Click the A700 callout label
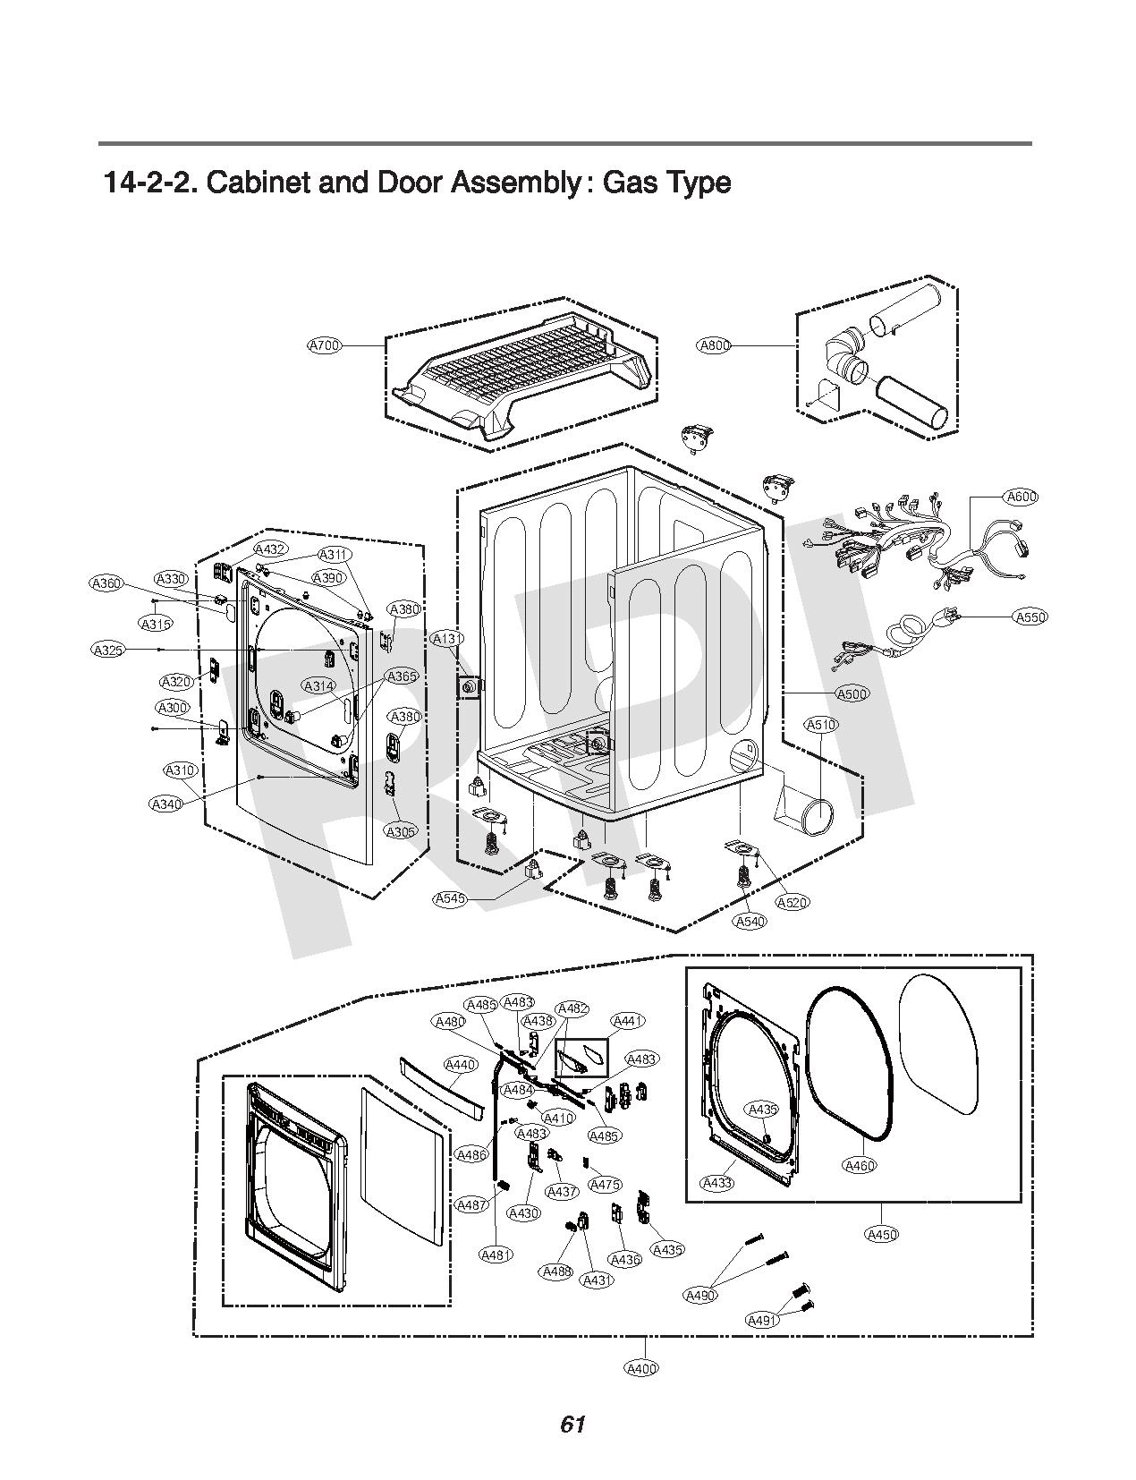coord(325,344)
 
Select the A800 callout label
coord(714,345)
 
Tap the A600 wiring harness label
coord(1022,497)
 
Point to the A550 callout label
coord(1030,617)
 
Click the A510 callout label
coord(821,725)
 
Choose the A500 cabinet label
coord(852,693)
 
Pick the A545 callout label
coord(449,898)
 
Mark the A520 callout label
coord(793,902)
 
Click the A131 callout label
coord(447,639)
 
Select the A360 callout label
coord(107,583)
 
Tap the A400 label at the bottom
coord(642,1368)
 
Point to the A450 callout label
coord(882,1235)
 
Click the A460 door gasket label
coord(860,1165)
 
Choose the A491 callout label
coord(762,1320)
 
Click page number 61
coord(572,1425)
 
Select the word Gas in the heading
coord(632,183)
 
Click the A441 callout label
coord(628,1021)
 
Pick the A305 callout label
coord(401,831)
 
